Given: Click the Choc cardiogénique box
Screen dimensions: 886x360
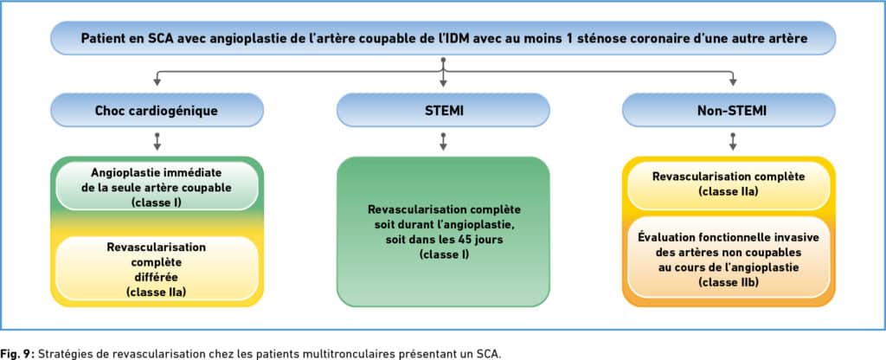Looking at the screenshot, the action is [157, 110].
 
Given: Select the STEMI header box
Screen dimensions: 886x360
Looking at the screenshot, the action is [443, 110].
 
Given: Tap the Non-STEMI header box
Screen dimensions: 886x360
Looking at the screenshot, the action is [729, 110].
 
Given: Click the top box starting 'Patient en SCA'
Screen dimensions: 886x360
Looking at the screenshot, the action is [443, 38].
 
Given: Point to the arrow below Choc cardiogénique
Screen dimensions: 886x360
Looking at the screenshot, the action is [157, 141].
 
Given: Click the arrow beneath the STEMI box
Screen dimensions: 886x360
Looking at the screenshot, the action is [443, 141].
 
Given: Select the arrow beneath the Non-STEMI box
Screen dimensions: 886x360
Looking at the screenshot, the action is [733, 141].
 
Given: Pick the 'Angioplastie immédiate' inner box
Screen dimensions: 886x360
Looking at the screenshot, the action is [157, 186].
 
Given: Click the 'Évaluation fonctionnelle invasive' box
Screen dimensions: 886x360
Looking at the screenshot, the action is [729, 257].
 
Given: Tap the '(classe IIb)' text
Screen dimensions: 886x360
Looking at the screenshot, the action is [729, 281].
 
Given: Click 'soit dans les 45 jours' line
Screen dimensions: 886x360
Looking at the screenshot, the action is [443, 240].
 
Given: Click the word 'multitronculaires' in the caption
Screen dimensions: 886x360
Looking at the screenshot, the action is [328, 354].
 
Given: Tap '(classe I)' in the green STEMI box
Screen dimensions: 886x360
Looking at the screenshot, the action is [444, 255].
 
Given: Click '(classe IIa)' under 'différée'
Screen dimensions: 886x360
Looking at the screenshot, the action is [157, 292].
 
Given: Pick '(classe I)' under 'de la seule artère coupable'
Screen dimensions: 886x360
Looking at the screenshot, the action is [157, 202].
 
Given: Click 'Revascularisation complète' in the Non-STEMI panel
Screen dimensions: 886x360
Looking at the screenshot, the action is [729, 177].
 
